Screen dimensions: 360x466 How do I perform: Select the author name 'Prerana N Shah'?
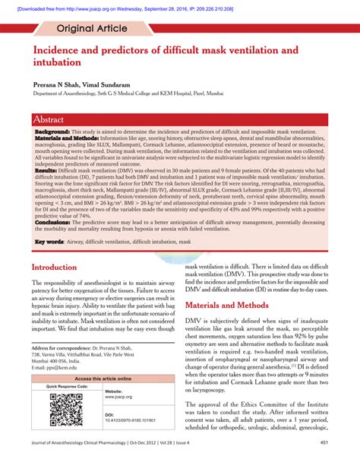tap(55, 87)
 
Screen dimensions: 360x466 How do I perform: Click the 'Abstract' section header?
tap(54, 119)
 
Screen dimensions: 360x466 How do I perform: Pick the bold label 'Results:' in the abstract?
tap(47, 173)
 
